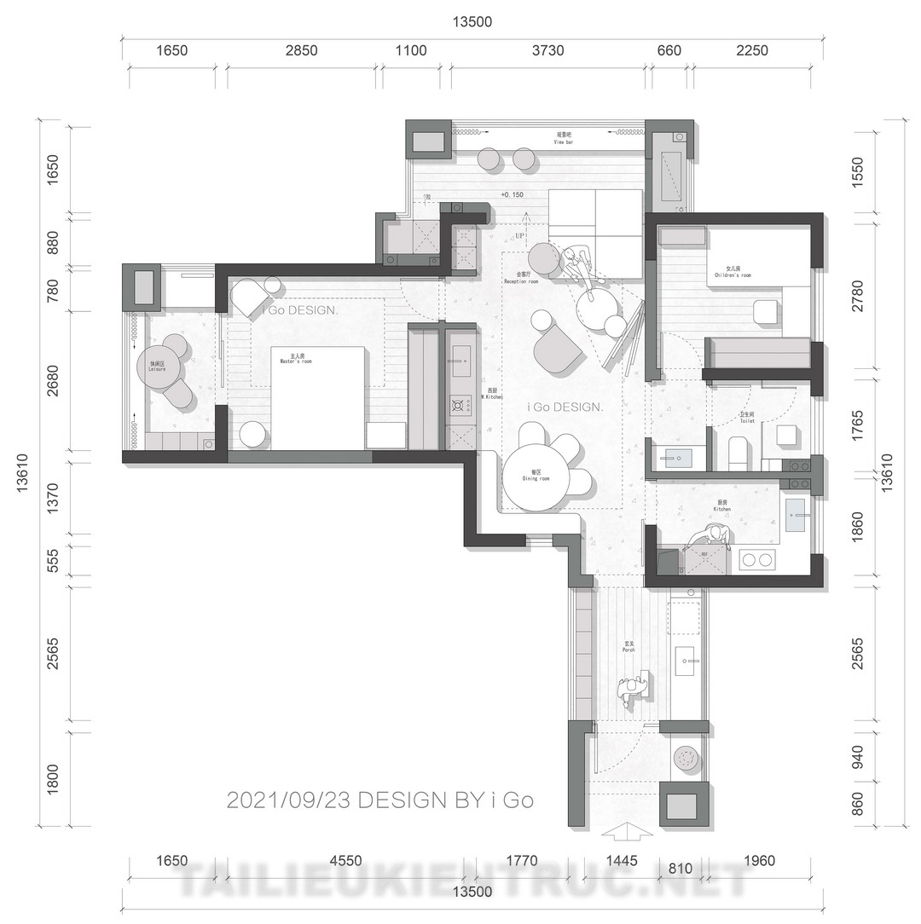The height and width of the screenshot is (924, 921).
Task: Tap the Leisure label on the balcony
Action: click(157, 367)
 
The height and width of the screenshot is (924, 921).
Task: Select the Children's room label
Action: click(733, 273)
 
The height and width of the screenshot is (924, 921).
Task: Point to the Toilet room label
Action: click(747, 418)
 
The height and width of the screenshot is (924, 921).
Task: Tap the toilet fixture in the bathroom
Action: click(738, 449)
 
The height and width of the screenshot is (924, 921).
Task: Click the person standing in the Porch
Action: click(632, 690)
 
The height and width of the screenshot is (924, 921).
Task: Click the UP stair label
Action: click(519, 235)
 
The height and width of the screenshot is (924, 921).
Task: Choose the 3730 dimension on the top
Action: click(547, 51)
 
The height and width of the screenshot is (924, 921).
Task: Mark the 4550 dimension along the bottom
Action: click(345, 861)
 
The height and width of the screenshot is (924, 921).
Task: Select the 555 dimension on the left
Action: click(52, 561)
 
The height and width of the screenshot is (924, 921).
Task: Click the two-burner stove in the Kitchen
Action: click(757, 560)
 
